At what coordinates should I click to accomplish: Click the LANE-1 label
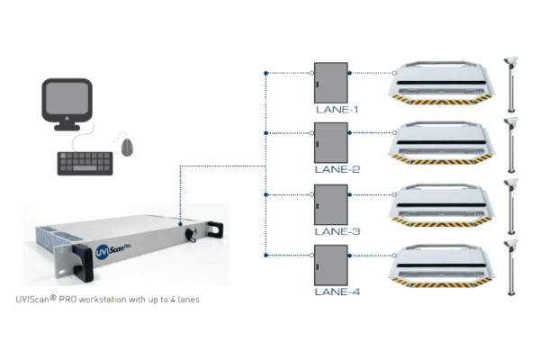tap(335, 109)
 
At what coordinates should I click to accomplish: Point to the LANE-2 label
tap(335, 168)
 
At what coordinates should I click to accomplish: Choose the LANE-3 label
tap(335, 230)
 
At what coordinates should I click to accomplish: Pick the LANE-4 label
tap(335, 291)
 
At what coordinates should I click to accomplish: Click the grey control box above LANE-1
tap(330, 82)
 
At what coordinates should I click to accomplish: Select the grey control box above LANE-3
tap(330, 202)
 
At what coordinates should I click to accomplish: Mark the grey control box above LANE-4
tap(330, 263)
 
